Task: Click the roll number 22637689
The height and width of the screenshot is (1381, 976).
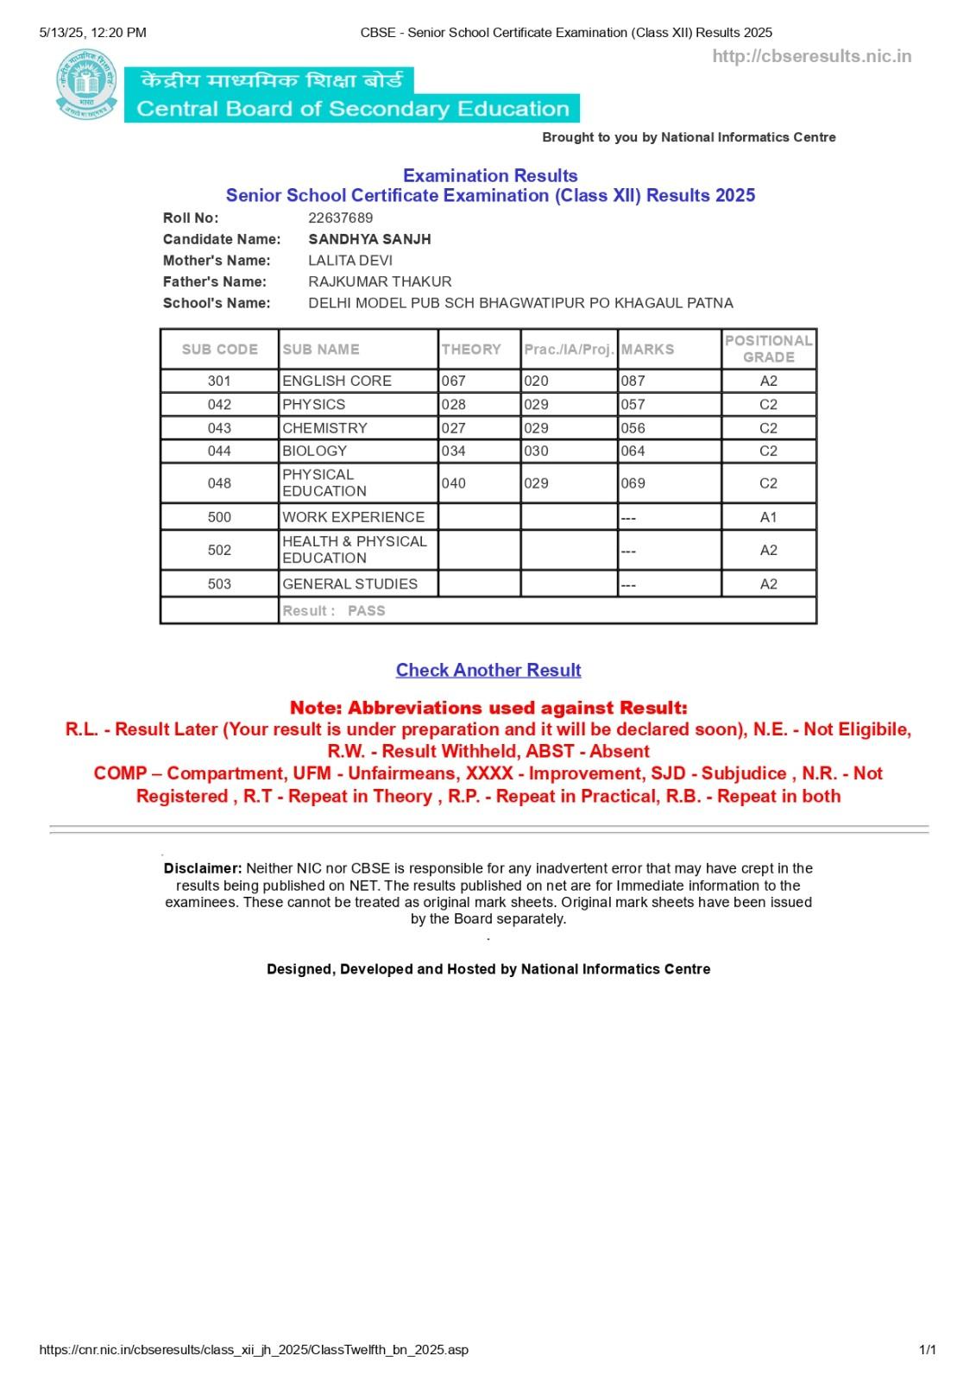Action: click(x=340, y=218)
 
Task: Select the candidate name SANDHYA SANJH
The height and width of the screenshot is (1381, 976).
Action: click(x=369, y=239)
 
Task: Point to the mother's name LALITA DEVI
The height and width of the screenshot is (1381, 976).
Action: click(x=350, y=261)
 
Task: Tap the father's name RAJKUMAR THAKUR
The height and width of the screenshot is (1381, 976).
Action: click(x=380, y=281)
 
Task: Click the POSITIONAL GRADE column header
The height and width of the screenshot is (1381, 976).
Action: click(x=768, y=349)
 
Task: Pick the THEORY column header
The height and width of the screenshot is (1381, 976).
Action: click(x=471, y=350)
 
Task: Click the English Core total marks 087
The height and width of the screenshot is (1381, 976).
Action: click(x=633, y=381)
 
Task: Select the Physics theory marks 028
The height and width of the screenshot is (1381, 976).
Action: click(x=453, y=404)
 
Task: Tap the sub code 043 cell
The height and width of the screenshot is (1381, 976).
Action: click(x=219, y=428)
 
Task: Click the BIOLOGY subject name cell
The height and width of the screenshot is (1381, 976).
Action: click(x=314, y=451)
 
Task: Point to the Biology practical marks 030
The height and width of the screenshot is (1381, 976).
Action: click(x=536, y=451)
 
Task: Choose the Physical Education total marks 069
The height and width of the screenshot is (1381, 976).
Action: click(x=633, y=483)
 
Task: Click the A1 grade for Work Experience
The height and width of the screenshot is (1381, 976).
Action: click(x=768, y=517)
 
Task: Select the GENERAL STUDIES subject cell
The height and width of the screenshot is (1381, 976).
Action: click(x=349, y=583)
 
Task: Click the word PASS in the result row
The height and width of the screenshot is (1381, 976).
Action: click(x=366, y=610)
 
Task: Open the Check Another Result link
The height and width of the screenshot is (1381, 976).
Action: click(x=488, y=670)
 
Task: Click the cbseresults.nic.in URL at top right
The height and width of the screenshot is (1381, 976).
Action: click(x=811, y=57)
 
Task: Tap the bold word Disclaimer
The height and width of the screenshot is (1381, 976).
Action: click(x=202, y=868)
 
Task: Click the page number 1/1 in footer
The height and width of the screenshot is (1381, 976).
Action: click(x=928, y=1349)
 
